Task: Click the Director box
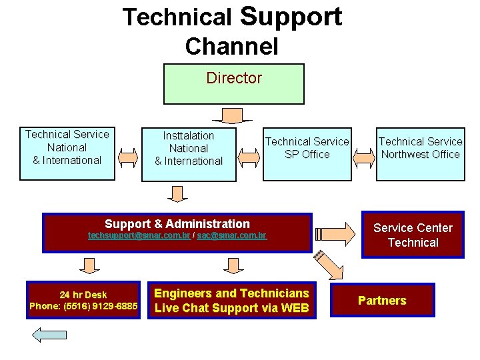pyautogui.click(x=233, y=84)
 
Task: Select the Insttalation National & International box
pyautogui.click(x=189, y=153)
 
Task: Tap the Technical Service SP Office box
pyautogui.click(x=307, y=154)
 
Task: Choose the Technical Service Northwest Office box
pyautogui.click(x=420, y=154)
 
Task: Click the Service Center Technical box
pyautogui.click(x=413, y=235)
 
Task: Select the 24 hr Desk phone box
pyautogui.click(x=83, y=300)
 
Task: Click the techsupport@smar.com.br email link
pyautogui.click(x=139, y=236)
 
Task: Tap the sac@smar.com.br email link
pyautogui.click(x=232, y=236)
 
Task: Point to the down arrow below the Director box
pyautogui.click(x=233, y=116)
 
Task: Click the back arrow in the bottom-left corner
pyautogui.click(x=49, y=334)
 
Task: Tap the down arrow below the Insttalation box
pyautogui.click(x=177, y=193)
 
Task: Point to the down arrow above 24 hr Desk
pyautogui.click(x=89, y=266)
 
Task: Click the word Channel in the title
pyautogui.click(x=231, y=47)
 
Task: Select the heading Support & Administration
pyautogui.click(x=177, y=224)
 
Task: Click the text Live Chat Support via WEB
pyautogui.click(x=231, y=308)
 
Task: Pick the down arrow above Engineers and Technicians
pyautogui.click(x=233, y=266)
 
